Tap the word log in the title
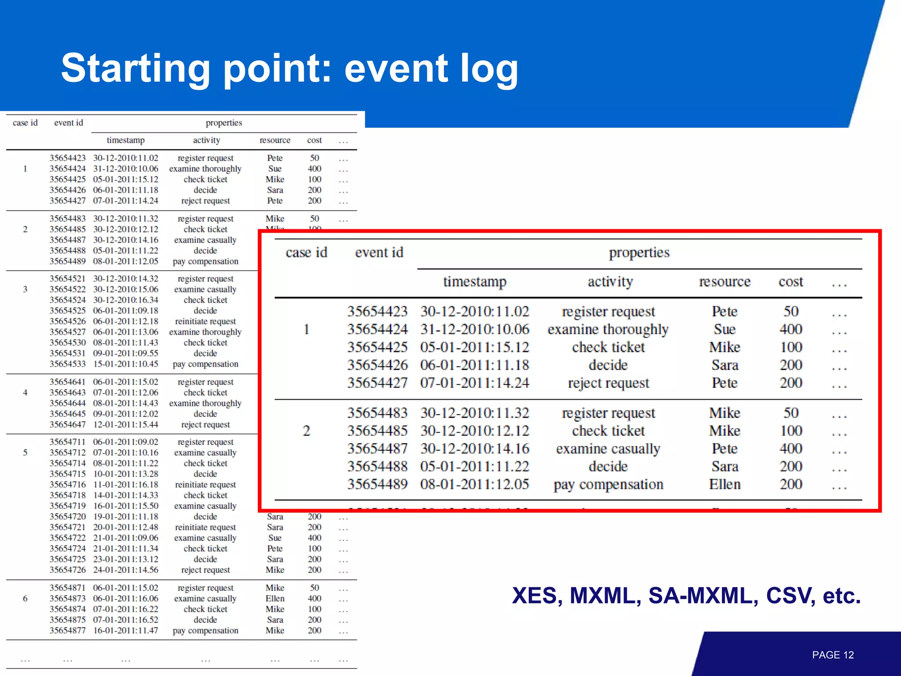[x=489, y=68]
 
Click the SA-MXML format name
[x=703, y=595]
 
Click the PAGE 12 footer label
[x=832, y=655]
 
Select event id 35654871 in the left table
[x=67, y=588]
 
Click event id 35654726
[x=67, y=570]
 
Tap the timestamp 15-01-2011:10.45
[x=125, y=364]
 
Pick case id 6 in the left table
[x=25, y=599]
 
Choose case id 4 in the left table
[x=25, y=393]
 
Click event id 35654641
[x=67, y=382]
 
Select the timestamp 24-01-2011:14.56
[x=125, y=570]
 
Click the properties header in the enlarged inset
[x=639, y=253]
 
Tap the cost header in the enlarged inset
[x=791, y=282]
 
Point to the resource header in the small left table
[x=275, y=140]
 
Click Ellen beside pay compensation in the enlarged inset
[x=725, y=485]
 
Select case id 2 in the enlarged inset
[x=306, y=431]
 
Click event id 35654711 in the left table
[x=67, y=442]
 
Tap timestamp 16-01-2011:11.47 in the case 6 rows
[x=125, y=631]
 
